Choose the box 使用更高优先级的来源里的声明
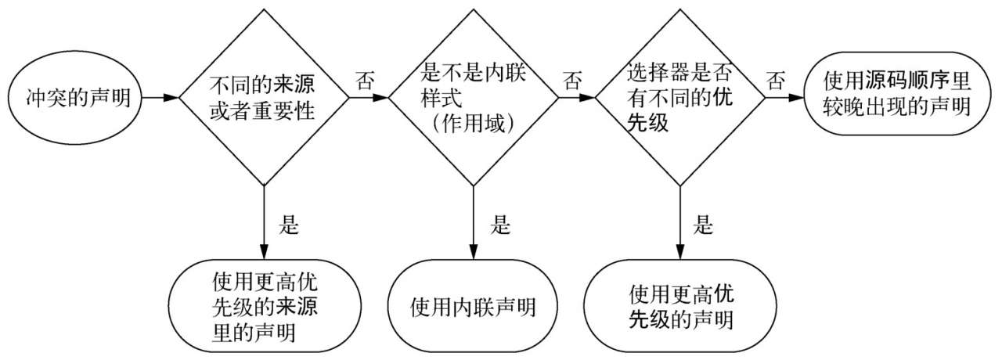click(x=264, y=306)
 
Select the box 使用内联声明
click(x=473, y=306)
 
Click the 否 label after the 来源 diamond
click(x=366, y=81)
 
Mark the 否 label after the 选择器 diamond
click(x=777, y=81)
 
